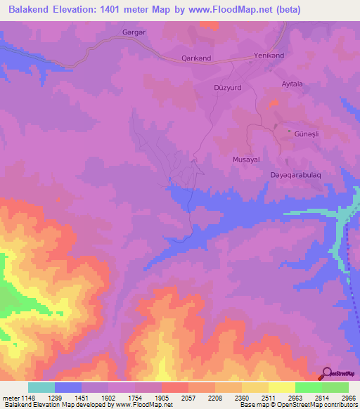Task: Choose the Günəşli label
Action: click(308, 132)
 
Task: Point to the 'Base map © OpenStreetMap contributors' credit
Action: click(297, 405)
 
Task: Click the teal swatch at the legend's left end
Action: click(41, 387)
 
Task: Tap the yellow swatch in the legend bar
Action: click(281, 387)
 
